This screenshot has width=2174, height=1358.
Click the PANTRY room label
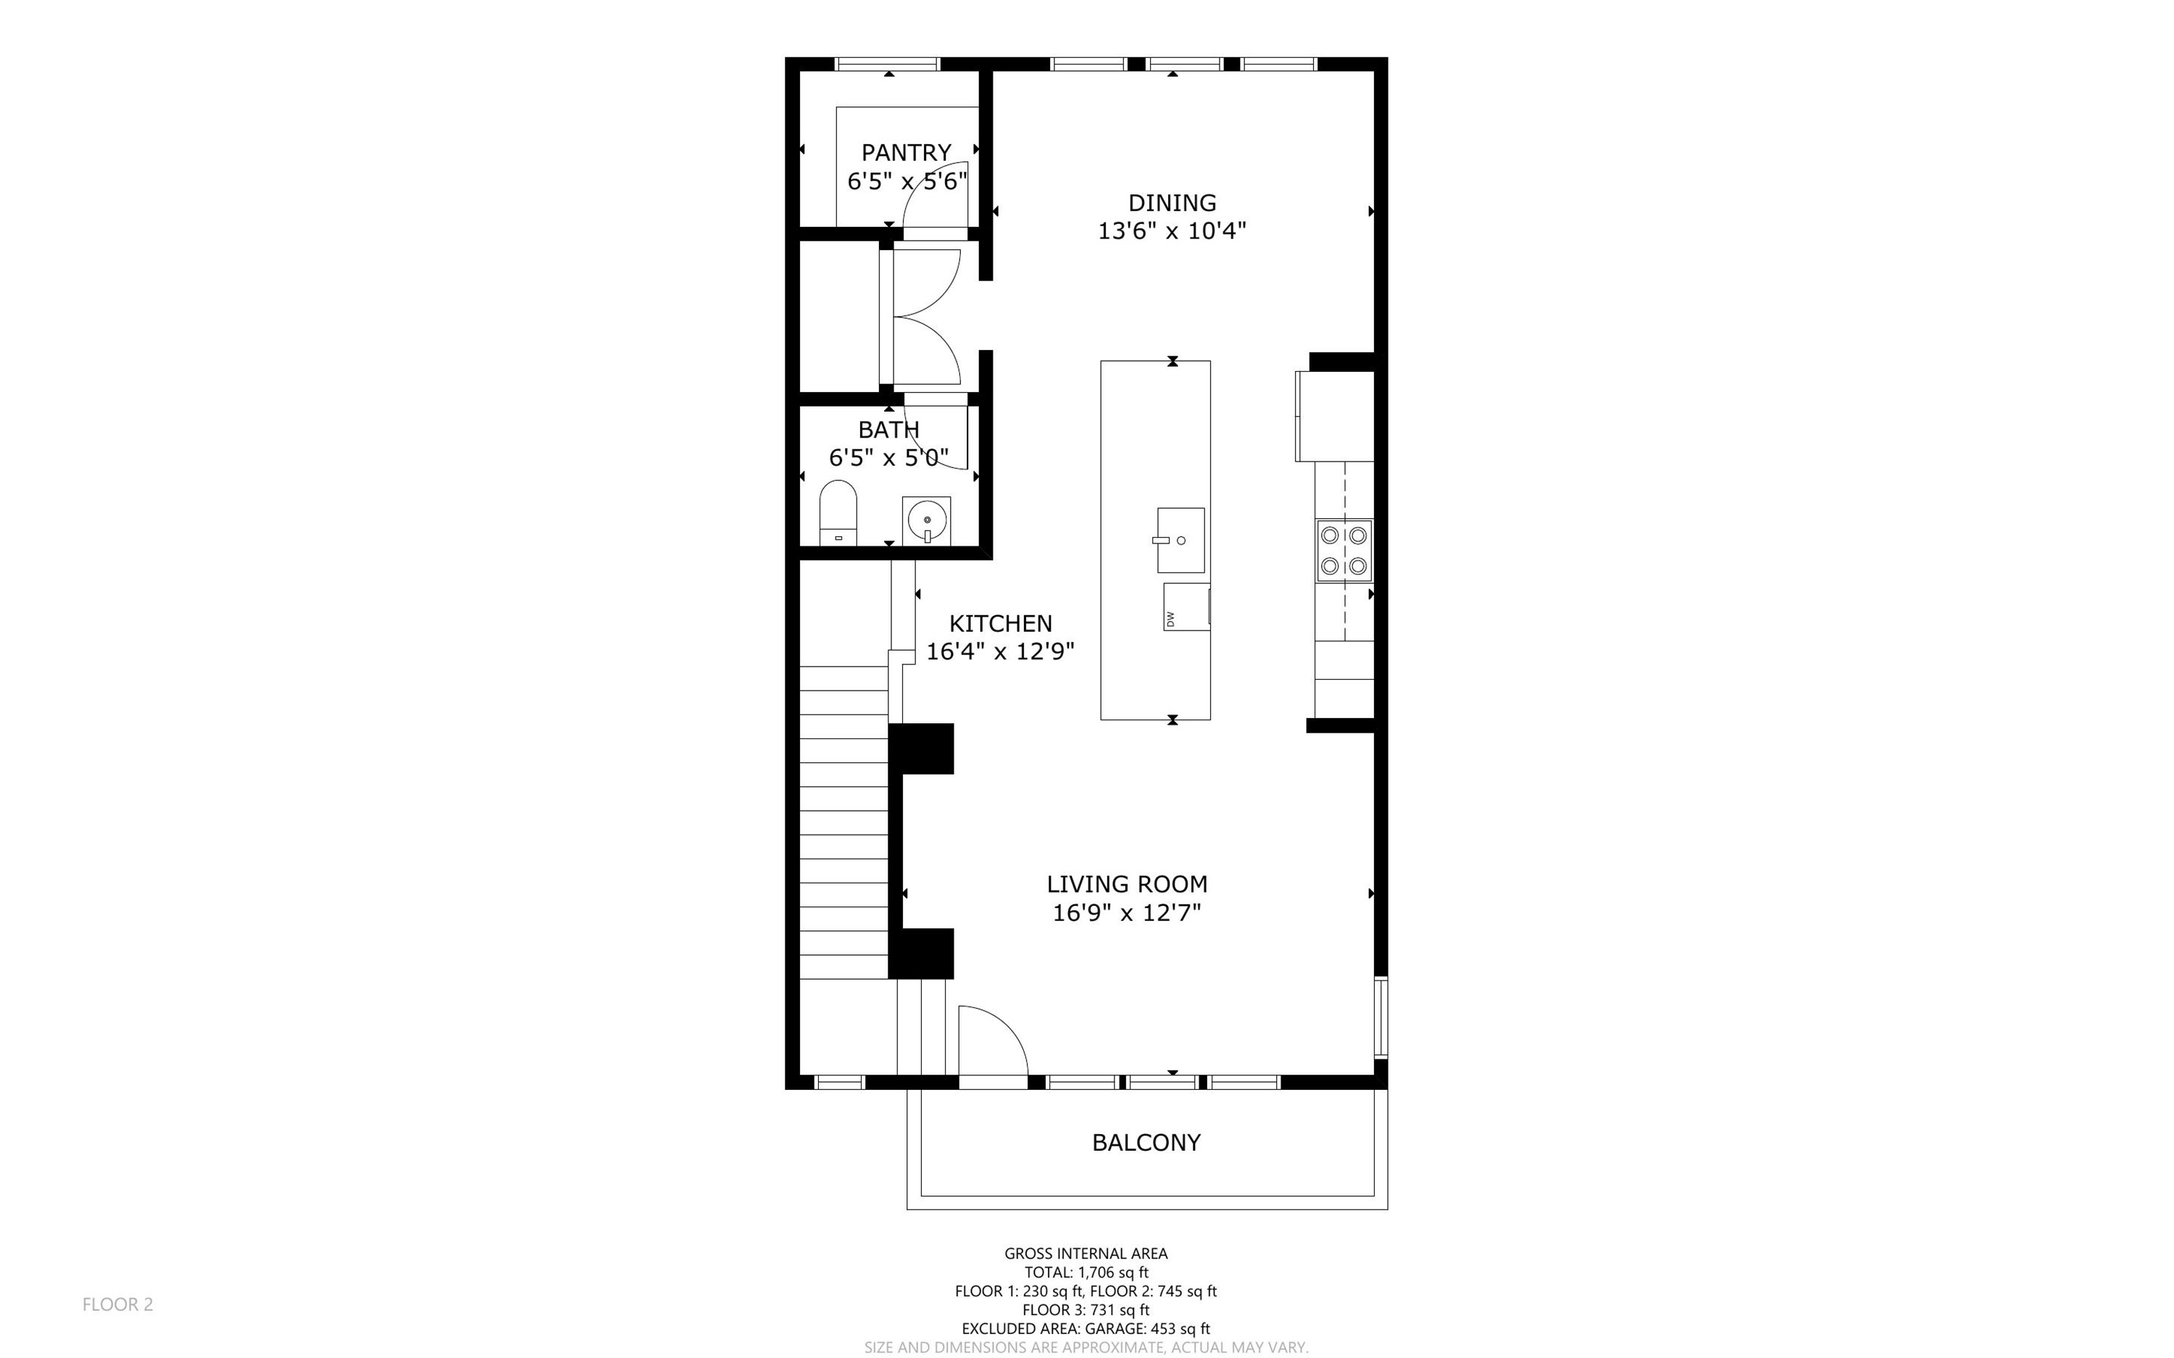click(x=906, y=153)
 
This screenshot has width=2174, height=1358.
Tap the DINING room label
click(x=1172, y=203)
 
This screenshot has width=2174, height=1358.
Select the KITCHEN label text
click(x=1000, y=623)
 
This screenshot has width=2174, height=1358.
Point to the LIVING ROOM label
click(x=1127, y=885)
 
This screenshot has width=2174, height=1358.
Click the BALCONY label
click(x=1146, y=1143)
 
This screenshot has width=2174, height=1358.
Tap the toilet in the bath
click(x=838, y=513)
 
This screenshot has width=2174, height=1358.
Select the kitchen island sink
click(x=1180, y=540)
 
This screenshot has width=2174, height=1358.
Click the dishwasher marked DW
click(x=1186, y=607)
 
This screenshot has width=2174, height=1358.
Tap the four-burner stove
click(x=1344, y=551)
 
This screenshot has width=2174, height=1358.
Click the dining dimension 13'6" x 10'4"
click(x=1172, y=232)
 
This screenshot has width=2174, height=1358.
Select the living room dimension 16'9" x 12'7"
click(x=1127, y=913)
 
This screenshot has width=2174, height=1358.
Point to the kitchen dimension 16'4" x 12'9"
click(x=1000, y=652)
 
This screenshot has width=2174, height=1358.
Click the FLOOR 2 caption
click(x=117, y=1304)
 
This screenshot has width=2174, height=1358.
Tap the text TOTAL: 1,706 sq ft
click(x=1086, y=1272)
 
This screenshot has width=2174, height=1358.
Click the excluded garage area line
click(x=1086, y=1328)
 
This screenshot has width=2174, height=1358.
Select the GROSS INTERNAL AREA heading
click(x=1086, y=1253)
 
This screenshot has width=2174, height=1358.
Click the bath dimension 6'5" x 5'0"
click(x=889, y=458)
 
